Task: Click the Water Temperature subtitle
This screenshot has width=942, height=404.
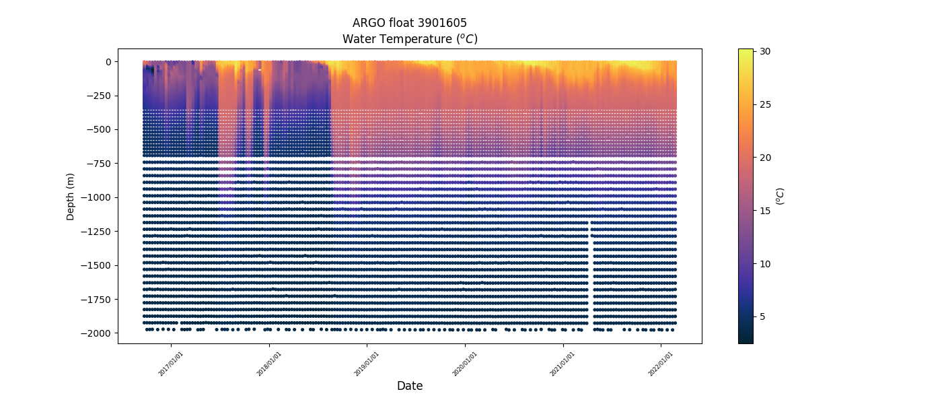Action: click(x=410, y=39)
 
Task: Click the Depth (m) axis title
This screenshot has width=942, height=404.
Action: click(x=70, y=197)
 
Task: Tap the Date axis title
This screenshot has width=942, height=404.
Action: click(x=410, y=386)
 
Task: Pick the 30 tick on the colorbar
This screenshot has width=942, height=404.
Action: click(x=765, y=51)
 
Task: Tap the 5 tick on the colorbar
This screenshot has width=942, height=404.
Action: click(x=763, y=316)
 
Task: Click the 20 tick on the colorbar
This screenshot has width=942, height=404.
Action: click(x=765, y=158)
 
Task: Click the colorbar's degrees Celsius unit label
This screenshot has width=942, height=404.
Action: click(x=781, y=196)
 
